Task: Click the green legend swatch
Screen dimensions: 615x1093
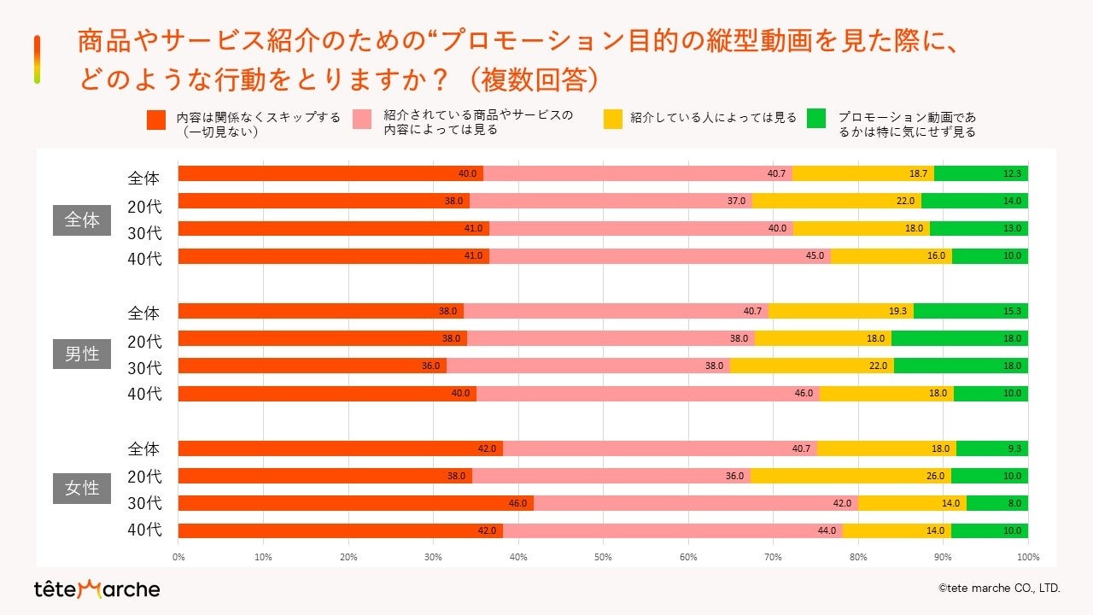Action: pos(817,118)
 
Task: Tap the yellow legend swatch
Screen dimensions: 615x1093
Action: pos(613,118)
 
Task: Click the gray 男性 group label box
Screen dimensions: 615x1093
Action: pos(82,354)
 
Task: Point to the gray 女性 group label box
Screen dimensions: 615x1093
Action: pos(82,489)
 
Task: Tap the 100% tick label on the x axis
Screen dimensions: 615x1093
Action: pos(1027,558)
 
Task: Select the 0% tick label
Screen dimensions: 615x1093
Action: pos(178,558)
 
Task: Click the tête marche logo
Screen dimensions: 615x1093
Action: pos(96,589)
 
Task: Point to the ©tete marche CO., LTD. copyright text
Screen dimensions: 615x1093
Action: pos(998,588)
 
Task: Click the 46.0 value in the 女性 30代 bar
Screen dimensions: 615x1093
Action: pos(517,504)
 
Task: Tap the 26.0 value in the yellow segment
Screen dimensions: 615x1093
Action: pos(936,477)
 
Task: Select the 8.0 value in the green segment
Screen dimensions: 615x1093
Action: pos(1014,504)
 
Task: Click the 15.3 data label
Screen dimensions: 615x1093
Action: pos(1013,312)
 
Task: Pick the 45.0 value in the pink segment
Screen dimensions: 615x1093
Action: pos(815,256)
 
